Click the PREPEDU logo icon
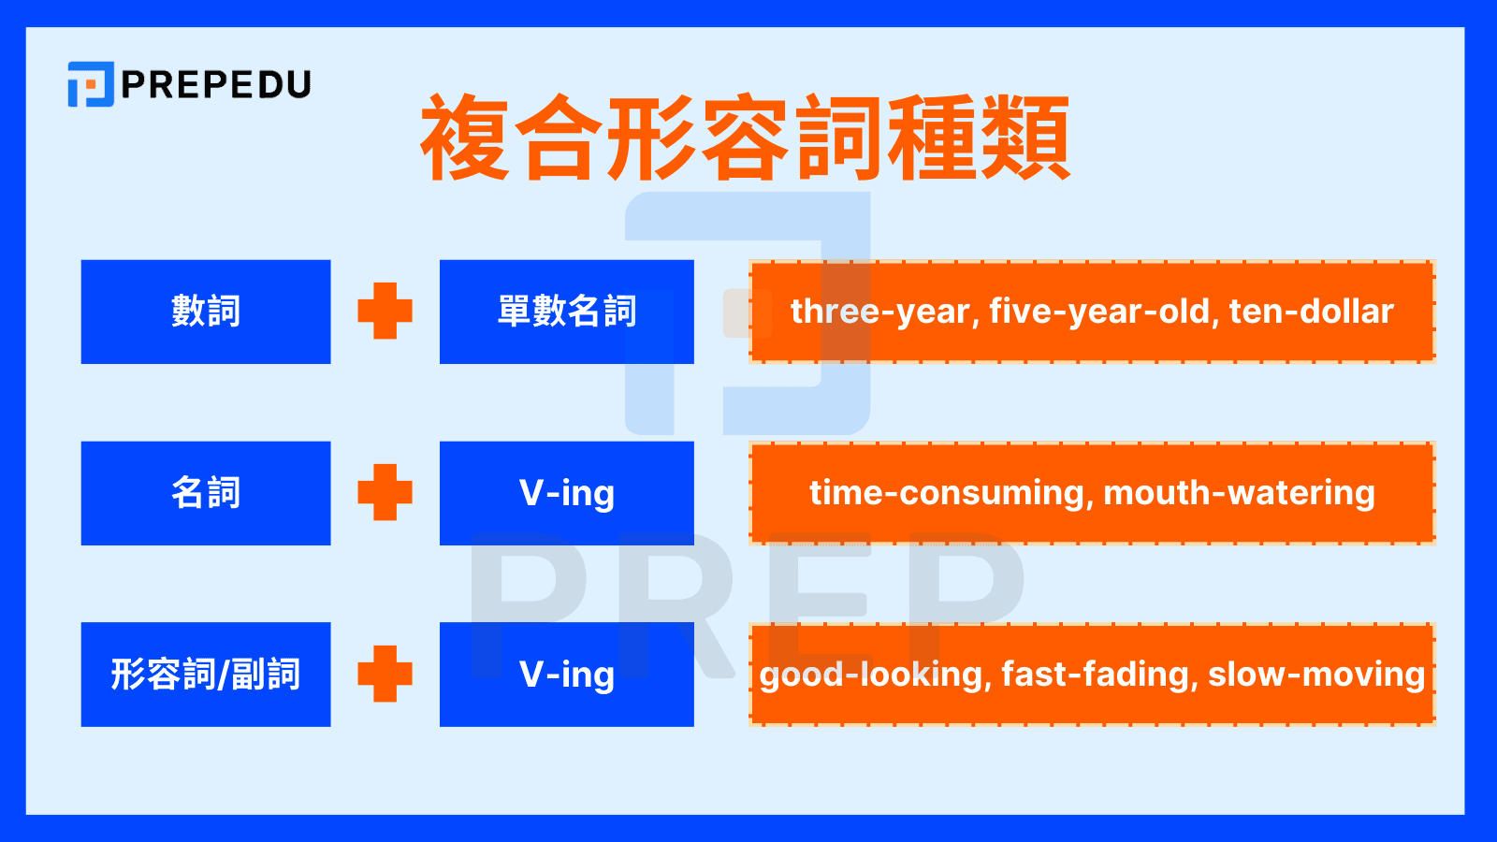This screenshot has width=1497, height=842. click(x=91, y=84)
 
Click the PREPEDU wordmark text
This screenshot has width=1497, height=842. click(x=216, y=85)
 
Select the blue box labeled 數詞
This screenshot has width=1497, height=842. click(x=206, y=312)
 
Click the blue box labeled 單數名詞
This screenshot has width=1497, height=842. click(x=567, y=312)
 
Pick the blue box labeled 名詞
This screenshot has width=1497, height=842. click(x=206, y=493)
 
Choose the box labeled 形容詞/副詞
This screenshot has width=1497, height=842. click(x=206, y=675)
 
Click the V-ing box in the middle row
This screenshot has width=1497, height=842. click(x=567, y=493)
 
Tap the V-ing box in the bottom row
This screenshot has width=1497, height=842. click(x=567, y=675)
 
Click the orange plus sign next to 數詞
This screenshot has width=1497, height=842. click(x=385, y=312)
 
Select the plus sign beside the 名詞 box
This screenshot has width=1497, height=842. click(x=385, y=493)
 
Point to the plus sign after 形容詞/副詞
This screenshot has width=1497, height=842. click(x=385, y=675)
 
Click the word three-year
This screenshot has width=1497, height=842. click(x=879, y=312)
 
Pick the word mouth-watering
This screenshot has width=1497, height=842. click(x=1239, y=493)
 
